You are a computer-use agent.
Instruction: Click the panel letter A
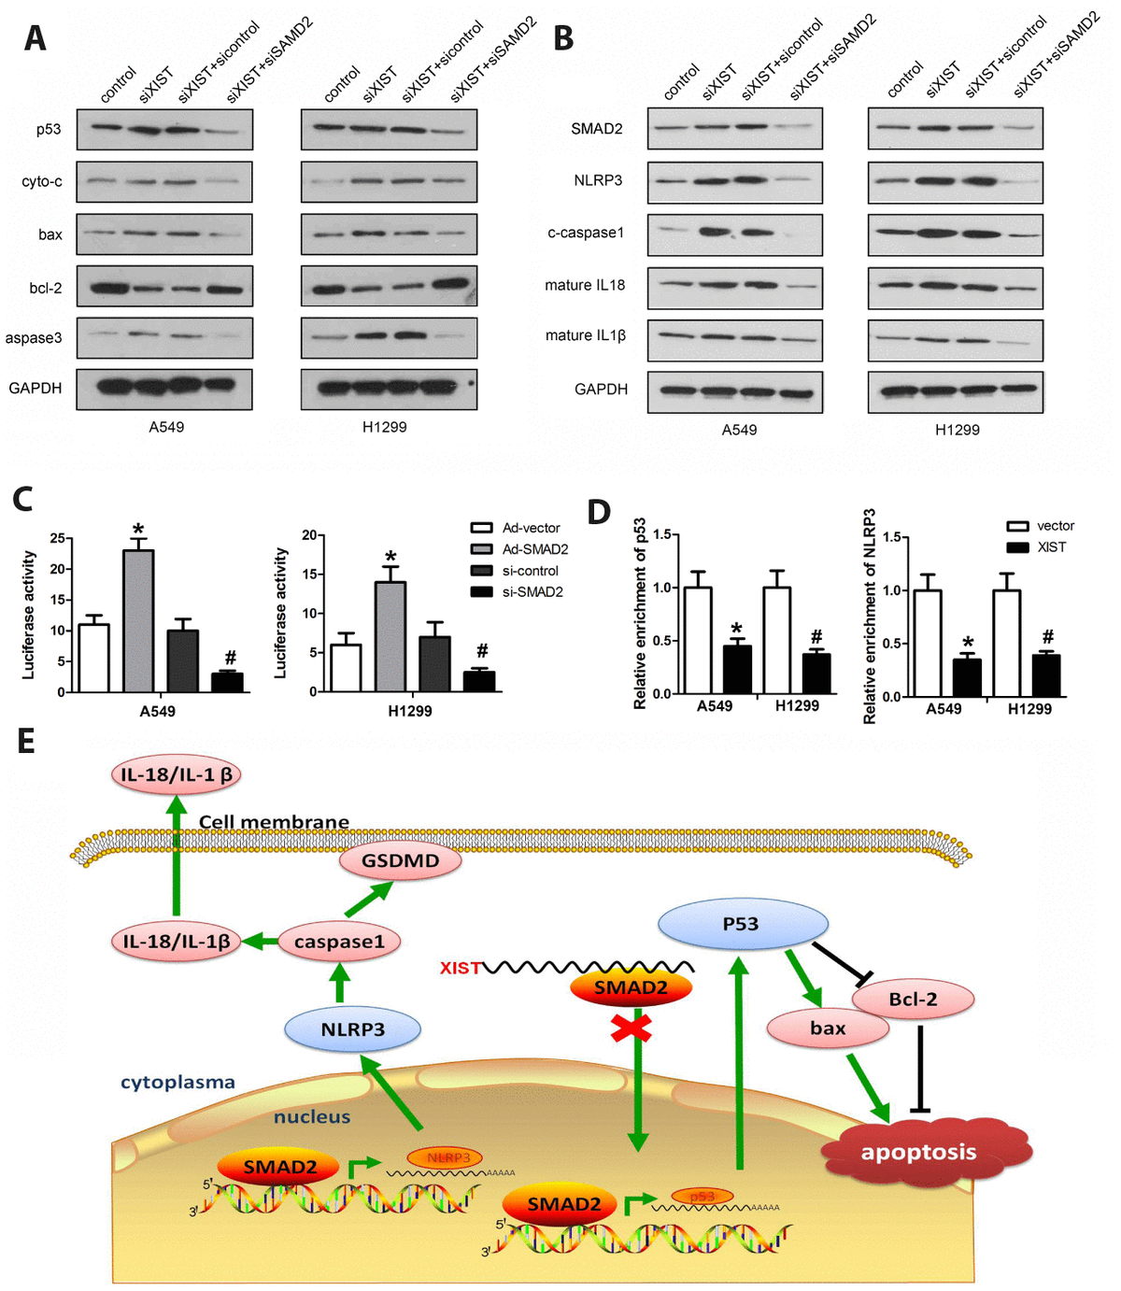(35, 38)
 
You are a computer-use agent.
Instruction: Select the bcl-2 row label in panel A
(45, 288)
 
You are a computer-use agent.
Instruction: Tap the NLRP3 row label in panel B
(598, 180)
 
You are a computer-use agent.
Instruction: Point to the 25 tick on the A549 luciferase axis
(58, 538)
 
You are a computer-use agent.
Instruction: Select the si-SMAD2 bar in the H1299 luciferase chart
(479, 681)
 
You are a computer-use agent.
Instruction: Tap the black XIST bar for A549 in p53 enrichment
(737, 669)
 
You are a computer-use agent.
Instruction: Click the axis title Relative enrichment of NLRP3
(870, 617)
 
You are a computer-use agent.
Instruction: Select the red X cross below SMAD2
(631, 1029)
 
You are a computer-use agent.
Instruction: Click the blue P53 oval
(742, 924)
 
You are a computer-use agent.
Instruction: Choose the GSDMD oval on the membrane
(400, 861)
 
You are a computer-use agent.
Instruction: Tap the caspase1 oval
(339, 942)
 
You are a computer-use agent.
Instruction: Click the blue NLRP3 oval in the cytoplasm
(352, 1029)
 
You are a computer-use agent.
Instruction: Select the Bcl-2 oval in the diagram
(913, 999)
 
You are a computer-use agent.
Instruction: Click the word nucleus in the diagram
(312, 1117)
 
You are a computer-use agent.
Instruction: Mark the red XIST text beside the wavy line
(461, 968)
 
